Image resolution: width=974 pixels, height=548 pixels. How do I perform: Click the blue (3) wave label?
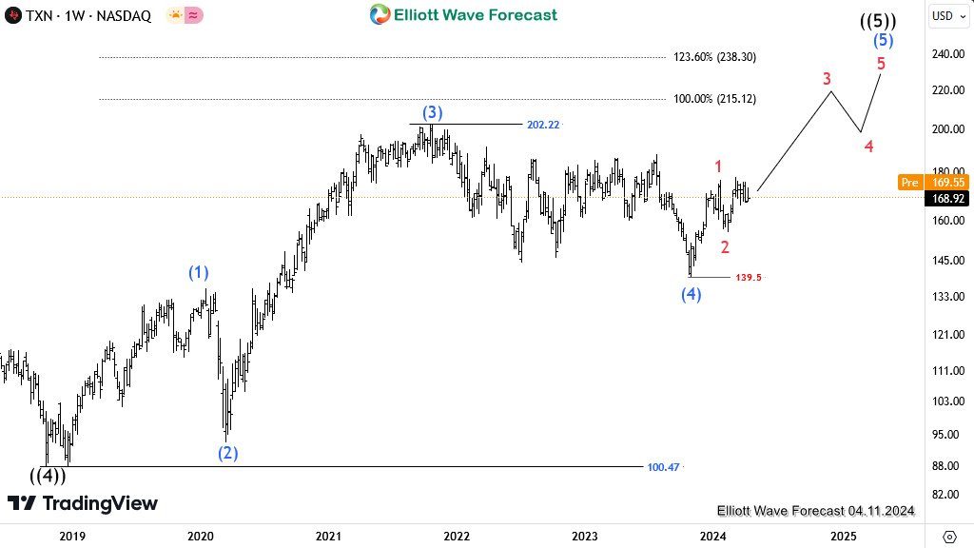(x=430, y=113)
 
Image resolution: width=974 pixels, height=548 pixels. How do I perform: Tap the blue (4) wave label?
(x=691, y=295)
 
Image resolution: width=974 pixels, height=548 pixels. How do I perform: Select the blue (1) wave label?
(x=198, y=273)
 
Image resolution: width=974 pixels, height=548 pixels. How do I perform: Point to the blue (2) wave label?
(x=227, y=453)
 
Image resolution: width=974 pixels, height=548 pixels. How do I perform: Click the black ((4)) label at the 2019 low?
(x=48, y=476)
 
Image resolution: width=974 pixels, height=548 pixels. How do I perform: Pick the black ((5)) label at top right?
(x=877, y=20)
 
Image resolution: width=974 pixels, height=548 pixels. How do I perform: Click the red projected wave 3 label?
(x=827, y=79)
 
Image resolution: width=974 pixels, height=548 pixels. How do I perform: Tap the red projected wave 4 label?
(x=868, y=147)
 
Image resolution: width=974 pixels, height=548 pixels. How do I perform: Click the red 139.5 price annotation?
(x=748, y=278)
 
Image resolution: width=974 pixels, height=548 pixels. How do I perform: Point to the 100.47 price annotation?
(x=663, y=467)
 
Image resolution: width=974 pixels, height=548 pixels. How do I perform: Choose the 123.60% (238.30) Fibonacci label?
(x=714, y=57)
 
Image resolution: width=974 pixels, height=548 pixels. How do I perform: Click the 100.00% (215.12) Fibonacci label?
(x=714, y=99)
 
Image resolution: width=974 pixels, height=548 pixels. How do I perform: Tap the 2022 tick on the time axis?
(x=457, y=536)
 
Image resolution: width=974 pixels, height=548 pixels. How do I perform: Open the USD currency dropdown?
(x=945, y=15)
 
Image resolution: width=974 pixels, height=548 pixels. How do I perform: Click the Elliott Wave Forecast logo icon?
(x=380, y=14)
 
